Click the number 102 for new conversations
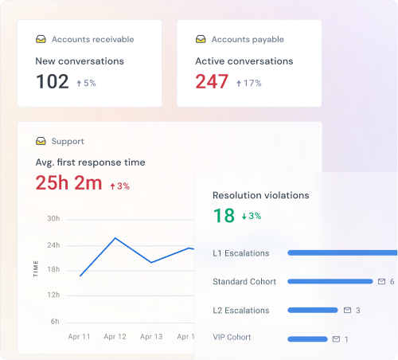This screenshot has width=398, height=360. (53, 81)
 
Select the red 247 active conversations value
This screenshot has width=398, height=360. (212, 81)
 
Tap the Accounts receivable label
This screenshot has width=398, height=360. (92, 39)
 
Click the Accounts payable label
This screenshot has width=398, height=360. (246, 39)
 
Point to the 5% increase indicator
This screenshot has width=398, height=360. (86, 83)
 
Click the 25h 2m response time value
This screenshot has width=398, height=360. (68, 183)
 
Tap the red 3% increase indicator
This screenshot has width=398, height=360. (119, 186)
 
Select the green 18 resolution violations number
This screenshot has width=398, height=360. (224, 215)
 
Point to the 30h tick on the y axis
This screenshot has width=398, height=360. (53, 218)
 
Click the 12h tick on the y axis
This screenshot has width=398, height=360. (53, 295)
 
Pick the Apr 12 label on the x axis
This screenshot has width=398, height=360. (115, 337)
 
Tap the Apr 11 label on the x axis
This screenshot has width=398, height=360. (80, 337)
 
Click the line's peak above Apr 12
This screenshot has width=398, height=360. (115, 238)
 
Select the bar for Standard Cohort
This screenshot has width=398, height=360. (330, 282)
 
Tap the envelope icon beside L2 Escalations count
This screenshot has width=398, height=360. (346, 311)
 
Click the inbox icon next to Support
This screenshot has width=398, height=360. (41, 142)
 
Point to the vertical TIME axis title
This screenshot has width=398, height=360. (36, 268)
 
